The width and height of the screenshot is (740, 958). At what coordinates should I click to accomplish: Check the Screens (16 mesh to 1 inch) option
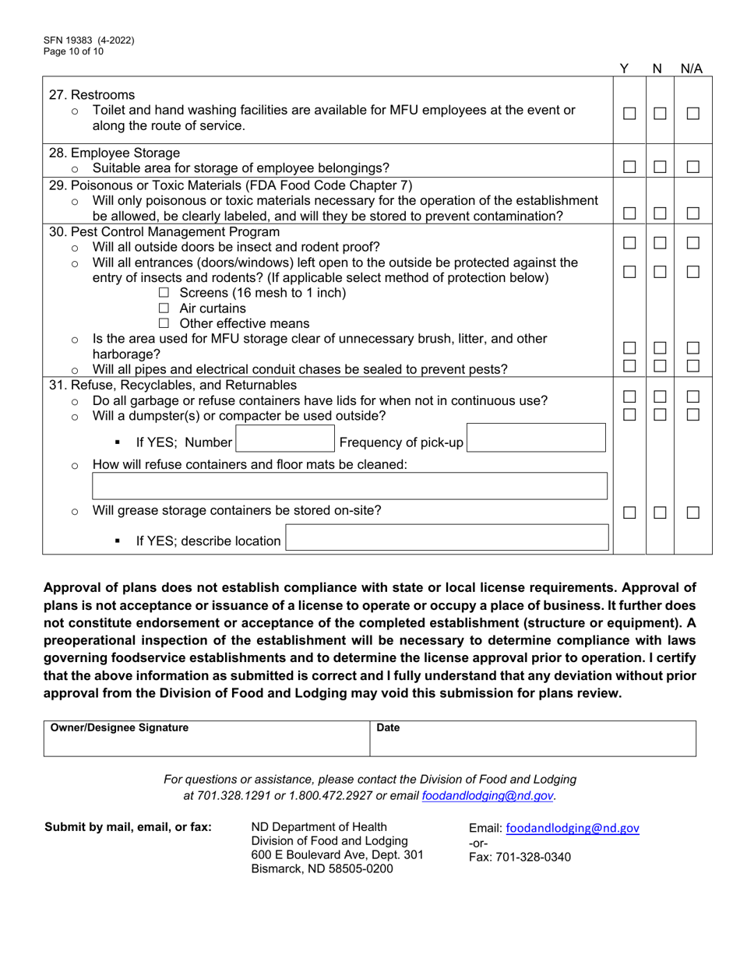pos(164,293)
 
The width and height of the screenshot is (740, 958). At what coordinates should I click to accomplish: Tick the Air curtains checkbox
pos(164,308)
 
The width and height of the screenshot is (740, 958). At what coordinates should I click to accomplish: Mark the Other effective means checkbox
pos(164,324)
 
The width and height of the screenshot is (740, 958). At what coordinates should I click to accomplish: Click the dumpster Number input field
pos(284,442)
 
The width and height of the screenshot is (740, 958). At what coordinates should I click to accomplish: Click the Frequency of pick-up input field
pos(536,442)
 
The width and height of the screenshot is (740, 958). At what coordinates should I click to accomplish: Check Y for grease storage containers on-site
pos(629,512)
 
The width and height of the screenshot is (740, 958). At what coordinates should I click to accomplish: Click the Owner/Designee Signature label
pos(119,727)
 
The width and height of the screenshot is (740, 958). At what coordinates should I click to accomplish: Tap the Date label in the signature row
pos(387,727)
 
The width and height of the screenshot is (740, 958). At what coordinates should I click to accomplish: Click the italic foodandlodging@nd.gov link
pos(488,796)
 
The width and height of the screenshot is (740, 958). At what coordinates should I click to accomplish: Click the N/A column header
pos(692,69)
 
